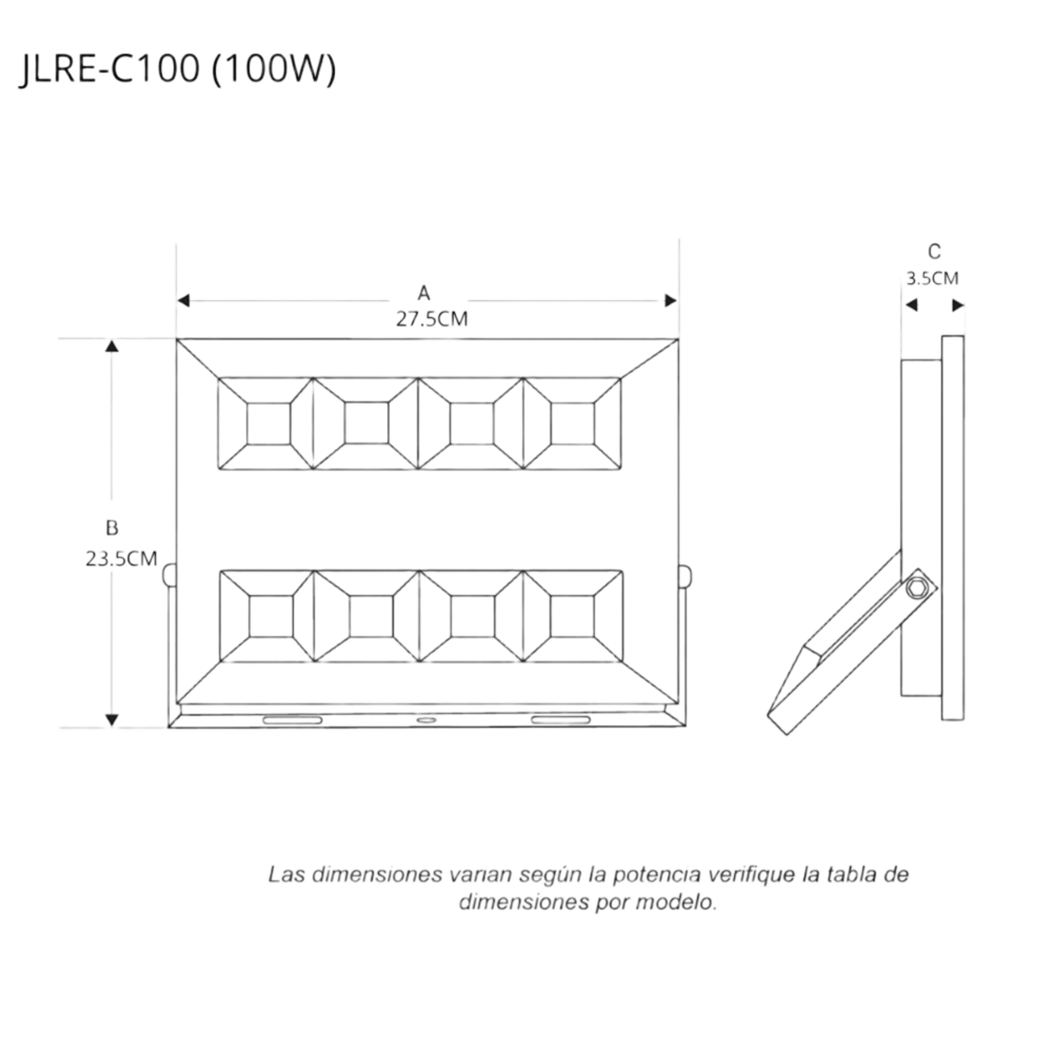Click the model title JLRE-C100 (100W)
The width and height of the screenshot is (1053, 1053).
point(178,70)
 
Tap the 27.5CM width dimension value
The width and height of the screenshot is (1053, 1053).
point(432,319)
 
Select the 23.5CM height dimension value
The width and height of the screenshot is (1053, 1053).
point(121,559)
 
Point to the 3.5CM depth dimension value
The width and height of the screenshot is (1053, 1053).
point(932,279)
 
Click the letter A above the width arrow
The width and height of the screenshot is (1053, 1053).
point(424,293)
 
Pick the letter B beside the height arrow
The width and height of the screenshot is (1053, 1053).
point(112,528)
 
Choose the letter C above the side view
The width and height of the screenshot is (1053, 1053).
point(934,252)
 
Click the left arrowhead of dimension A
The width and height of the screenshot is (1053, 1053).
point(183,300)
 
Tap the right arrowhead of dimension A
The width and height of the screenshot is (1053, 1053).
point(671,300)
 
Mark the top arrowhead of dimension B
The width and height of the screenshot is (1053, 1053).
point(112,346)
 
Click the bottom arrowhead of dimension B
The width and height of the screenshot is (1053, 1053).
point(112,720)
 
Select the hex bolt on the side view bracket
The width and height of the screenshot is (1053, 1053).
point(918,589)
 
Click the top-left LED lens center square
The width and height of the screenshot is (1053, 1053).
point(268,424)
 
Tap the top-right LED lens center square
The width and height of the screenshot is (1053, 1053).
point(572,424)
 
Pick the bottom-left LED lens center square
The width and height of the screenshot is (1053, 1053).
point(271,616)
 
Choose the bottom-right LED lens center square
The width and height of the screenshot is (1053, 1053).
point(572,616)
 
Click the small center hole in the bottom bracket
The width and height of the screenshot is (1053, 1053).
point(426,720)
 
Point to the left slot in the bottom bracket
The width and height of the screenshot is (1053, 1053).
point(293,720)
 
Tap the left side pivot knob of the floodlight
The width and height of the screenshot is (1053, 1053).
point(170,575)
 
